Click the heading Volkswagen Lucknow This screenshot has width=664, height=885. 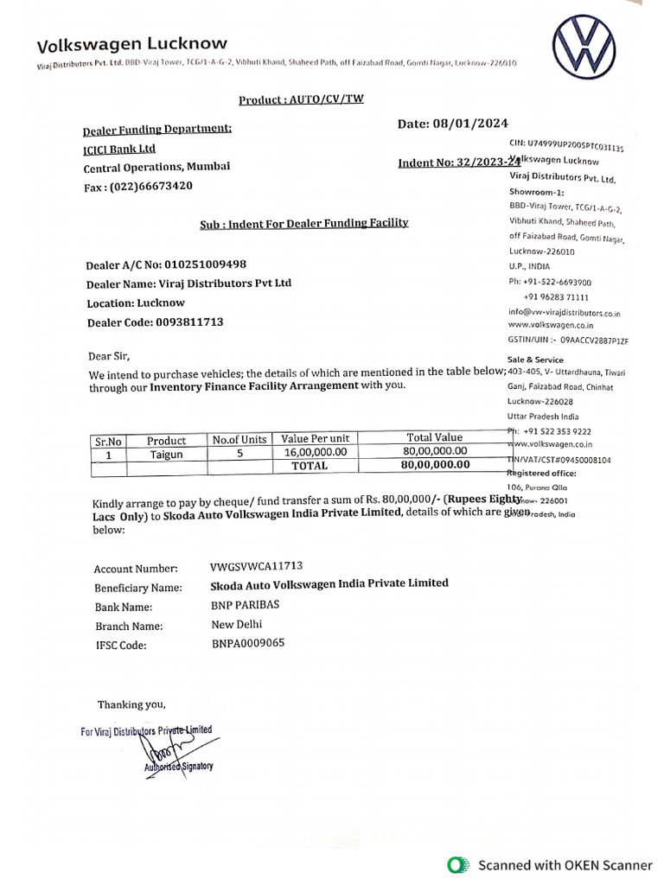point(131,43)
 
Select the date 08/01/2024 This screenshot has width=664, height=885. point(480,124)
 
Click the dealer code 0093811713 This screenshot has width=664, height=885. point(189,322)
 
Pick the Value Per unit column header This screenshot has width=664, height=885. point(315,439)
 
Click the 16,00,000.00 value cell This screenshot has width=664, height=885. point(315,452)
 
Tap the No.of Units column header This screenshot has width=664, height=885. point(239,440)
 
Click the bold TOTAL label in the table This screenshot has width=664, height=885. point(310,466)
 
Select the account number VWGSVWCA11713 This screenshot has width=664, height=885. point(256,566)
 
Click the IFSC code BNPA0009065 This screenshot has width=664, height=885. point(247,643)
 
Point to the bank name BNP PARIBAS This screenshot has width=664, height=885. point(246,605)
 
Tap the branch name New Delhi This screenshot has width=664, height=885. point(236,624)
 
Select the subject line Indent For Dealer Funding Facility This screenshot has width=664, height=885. point(303,223)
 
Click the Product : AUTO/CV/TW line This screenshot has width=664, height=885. point(301,99)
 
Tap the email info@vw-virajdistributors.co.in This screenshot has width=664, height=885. point(565,313)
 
